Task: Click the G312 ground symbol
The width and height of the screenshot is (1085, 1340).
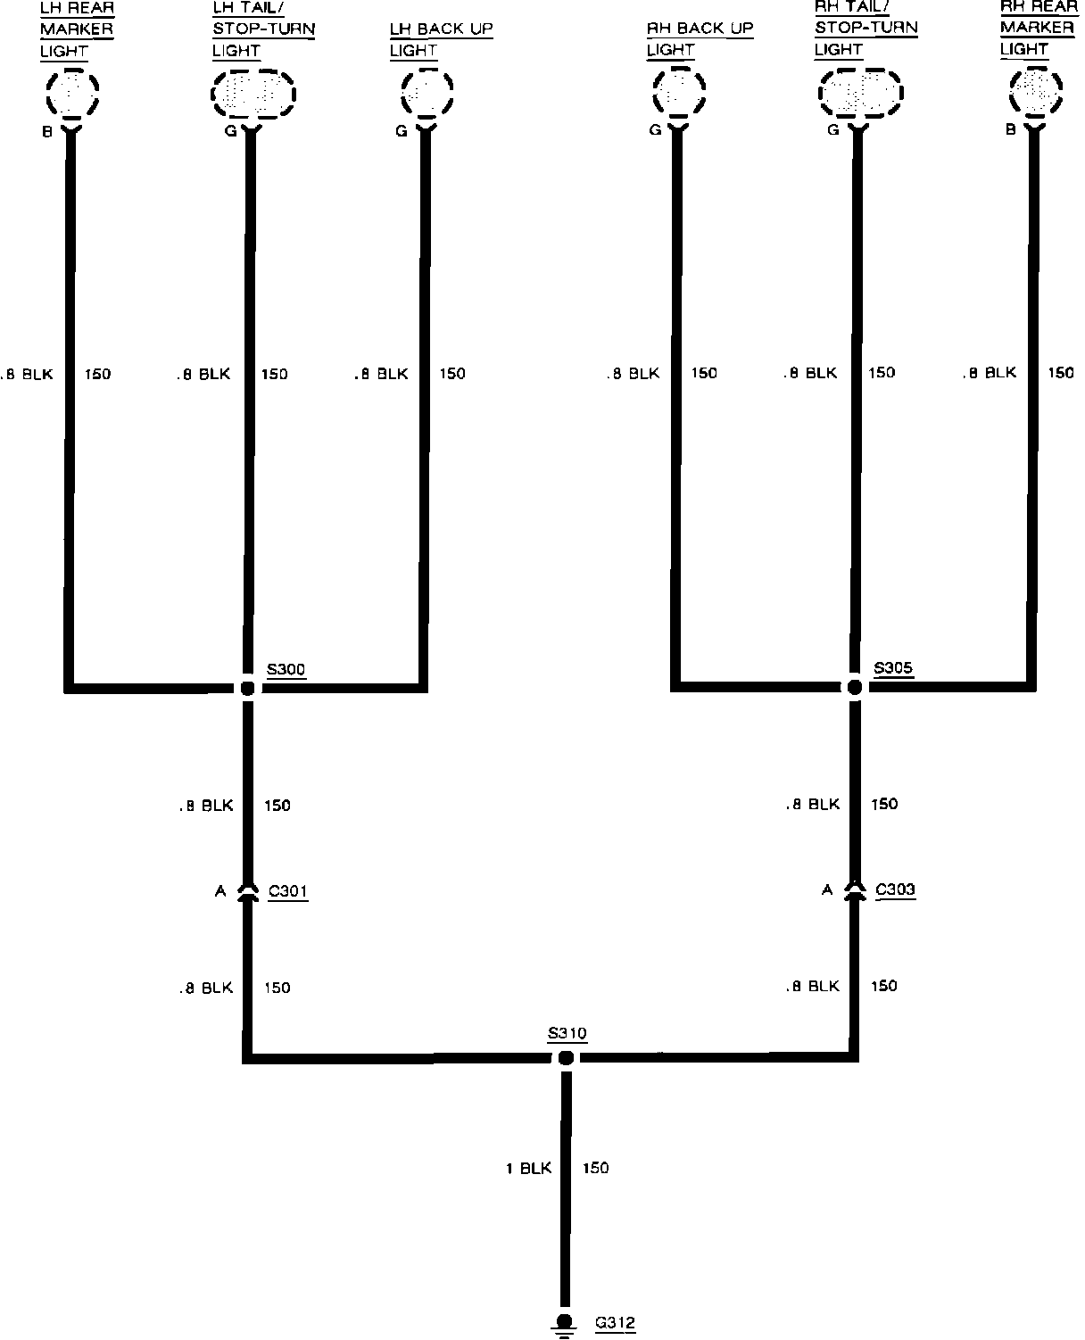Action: (x=564, y=1323)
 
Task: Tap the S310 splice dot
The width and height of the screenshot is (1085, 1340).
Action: (x=566, y=1058)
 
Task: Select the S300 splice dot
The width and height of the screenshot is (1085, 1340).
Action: (x=248, y=688)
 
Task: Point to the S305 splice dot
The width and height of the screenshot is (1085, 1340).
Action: (x=855, y=687)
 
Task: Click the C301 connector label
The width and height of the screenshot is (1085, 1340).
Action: (x=288, y=891)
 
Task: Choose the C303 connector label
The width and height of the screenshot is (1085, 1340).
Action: (x=895, y=889)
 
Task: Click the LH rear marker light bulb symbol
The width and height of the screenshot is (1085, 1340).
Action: (x=73, y=93)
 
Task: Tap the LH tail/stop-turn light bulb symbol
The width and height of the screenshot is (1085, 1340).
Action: (x=253, y=94)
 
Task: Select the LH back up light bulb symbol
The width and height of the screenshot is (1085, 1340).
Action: (x=427, y=93)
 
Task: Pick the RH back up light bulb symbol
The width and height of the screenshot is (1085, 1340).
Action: (x=679, y=92)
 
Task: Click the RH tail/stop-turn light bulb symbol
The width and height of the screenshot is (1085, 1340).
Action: (x=861, y=93)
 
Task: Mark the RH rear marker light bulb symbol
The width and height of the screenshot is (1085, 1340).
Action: (x=1036, y=92)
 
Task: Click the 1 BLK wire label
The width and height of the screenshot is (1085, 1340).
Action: (x=529, y=1168)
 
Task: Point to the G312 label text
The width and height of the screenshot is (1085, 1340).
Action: (x=615, y=1323)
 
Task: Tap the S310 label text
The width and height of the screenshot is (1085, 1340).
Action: (x=567, y=1033)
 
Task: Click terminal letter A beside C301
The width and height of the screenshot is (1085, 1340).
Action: (x=220, y=891)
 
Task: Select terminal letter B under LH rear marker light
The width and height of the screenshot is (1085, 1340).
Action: (x=47, y=131)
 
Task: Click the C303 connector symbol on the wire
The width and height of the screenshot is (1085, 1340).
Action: (x=855, y=889)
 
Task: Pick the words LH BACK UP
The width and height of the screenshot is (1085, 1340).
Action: (x=442, y=29)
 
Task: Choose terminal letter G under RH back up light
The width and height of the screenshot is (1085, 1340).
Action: (x=656, y=129)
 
